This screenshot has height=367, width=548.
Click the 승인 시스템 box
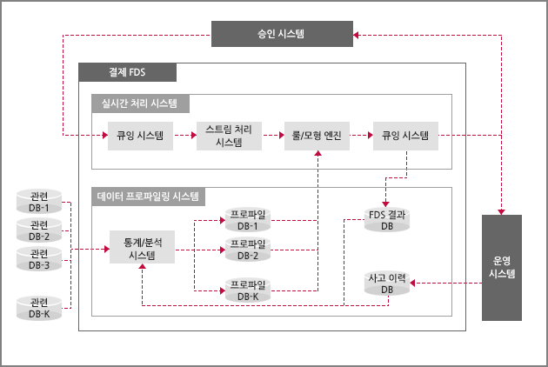click(282, 34)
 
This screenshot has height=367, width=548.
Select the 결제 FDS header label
click(127, 72)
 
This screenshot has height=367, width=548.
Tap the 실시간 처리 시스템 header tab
click(141, 103)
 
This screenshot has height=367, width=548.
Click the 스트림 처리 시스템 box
click(229, 136)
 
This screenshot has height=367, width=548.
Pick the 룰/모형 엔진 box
click(317, 136)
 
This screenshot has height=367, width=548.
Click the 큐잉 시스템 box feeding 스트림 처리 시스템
click(140, 136)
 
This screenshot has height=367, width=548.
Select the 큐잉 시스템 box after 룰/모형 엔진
click(405, 136)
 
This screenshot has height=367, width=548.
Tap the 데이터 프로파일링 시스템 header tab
click(148, 197)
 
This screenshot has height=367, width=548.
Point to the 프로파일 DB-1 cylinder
click(248, 220)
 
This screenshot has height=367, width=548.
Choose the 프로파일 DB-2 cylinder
click(248, 250)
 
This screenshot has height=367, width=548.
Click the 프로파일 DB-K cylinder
click(248, 290)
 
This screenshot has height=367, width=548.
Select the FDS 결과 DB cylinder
click(387, 220)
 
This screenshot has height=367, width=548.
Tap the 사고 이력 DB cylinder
click(387, 284)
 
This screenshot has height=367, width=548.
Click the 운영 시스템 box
click(502, 268)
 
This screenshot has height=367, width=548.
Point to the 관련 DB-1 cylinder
click(39, 202)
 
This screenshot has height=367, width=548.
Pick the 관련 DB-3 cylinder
click(39, 259)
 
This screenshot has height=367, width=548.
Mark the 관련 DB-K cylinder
click(39, 308)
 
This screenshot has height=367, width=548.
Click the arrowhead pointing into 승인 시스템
click(356, 35)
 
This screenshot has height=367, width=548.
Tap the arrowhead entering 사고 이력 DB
click(412, 284)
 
